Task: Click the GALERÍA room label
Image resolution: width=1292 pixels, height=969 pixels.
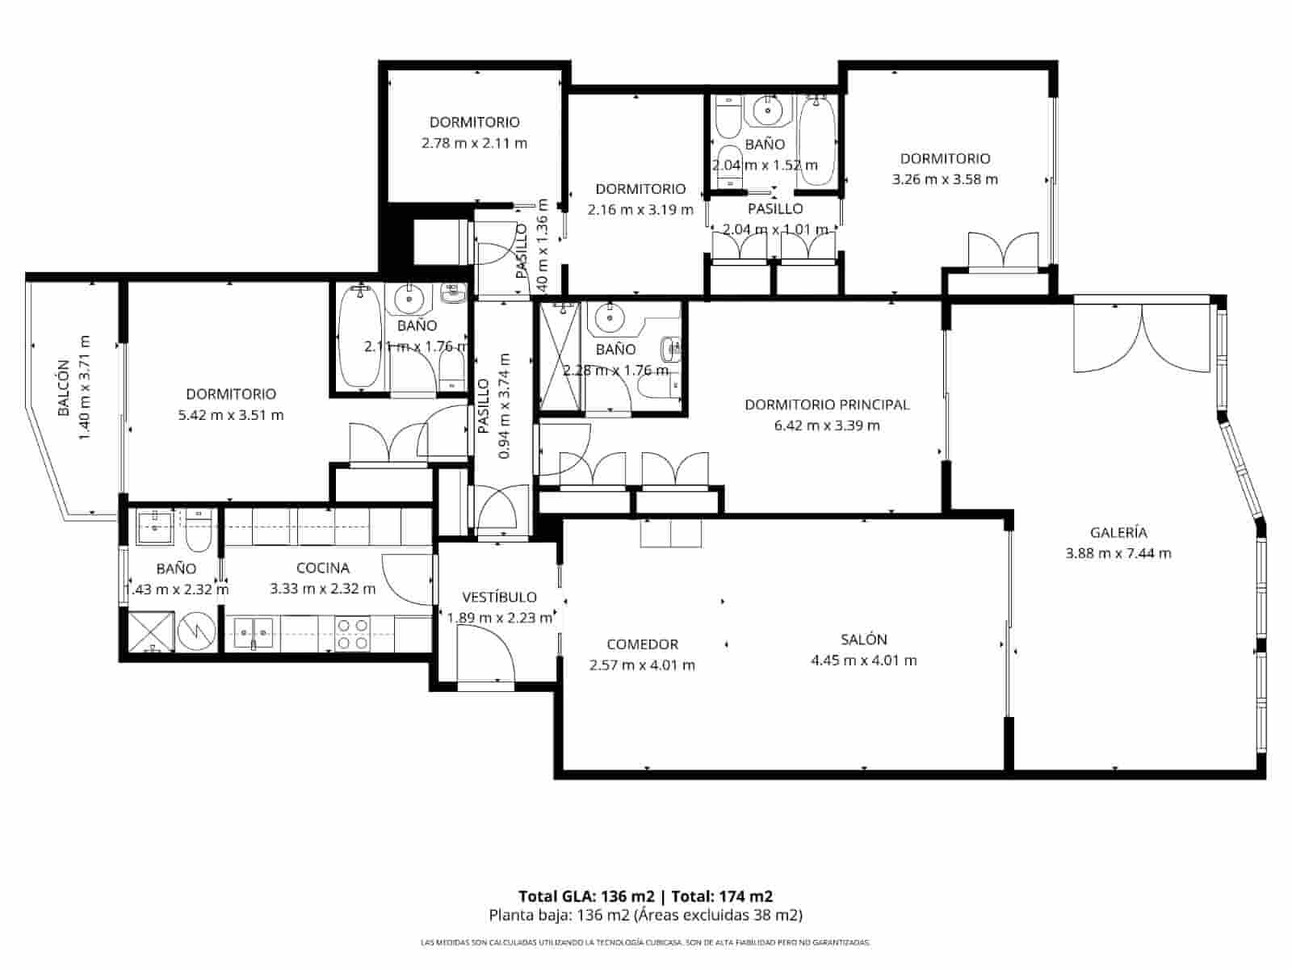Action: point(1118,533)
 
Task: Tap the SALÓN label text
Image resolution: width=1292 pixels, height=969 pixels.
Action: point(864,640)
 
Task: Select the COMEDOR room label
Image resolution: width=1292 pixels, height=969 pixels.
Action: point(642,644)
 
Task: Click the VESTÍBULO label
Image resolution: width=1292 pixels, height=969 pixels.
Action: point(499,598)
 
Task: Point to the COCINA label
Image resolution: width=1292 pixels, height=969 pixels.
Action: point(322,568)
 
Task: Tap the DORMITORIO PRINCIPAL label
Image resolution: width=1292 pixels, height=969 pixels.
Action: point(827,405)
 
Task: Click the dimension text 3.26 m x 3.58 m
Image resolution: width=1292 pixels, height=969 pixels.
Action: point(945,179)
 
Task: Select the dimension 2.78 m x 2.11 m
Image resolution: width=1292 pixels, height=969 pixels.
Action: point(474,143)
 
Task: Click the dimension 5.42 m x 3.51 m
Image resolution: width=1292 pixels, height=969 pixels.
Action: point(231,415)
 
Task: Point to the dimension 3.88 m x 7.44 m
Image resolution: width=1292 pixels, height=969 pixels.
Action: point(1118,553)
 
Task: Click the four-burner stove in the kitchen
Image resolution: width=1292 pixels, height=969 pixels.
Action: point(353,634)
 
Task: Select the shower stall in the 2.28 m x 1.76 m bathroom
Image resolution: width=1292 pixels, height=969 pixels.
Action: point(560,357)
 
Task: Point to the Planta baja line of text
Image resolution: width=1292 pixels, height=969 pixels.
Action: point(645,916)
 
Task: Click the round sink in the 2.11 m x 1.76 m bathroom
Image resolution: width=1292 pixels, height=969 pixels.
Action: point(409,300)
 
